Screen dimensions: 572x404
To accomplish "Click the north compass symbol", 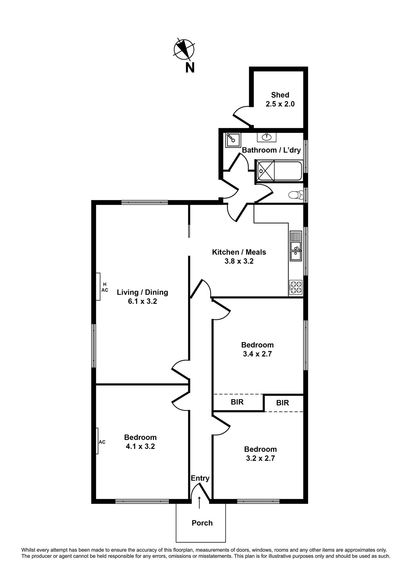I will coord(184,50).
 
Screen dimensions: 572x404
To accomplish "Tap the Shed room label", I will coord(280,95).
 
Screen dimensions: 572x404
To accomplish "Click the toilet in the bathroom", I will coord(295,195).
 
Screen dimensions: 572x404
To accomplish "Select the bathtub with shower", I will coord(279,171).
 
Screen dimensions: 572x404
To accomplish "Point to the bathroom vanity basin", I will coord(266,137).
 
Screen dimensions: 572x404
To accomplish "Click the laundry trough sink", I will coord(232,140).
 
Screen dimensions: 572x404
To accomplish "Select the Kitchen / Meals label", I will coord(239,252).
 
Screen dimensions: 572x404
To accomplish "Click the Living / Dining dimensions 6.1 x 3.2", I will coord(142,301).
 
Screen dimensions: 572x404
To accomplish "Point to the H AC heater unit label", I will coord(105,287).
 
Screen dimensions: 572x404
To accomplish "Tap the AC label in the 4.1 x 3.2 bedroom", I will coord(102,442).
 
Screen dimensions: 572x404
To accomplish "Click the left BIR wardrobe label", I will coord(237,402).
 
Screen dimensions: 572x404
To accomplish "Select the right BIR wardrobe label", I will coord(282,403).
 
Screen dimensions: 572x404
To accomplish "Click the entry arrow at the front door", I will coord(199,502).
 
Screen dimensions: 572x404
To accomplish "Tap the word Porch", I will coord(202,523).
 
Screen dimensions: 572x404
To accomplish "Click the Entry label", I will coord(200,478).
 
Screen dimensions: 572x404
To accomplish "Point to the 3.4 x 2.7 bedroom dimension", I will coord(257,354).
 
